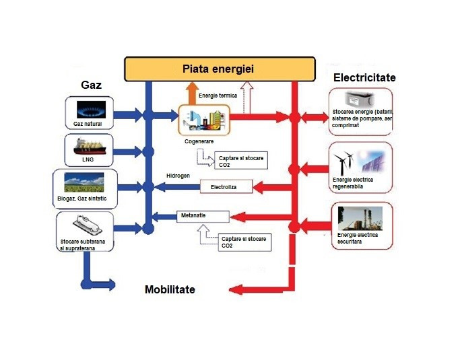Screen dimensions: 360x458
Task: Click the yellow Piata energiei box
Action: click(x=220, y=69)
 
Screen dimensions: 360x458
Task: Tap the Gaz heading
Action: click(x=92, y=85)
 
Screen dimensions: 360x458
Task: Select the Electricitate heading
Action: click(x=364, y=78)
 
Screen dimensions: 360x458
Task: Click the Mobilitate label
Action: click(x=170, y=289)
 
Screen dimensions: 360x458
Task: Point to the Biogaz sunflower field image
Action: click(x=84, y=182)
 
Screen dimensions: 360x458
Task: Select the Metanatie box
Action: click(x=203, y=216)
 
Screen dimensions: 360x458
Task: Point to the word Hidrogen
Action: click(x=178, y=176)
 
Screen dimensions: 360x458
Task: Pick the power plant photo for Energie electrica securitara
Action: click(x=360, y=219)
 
